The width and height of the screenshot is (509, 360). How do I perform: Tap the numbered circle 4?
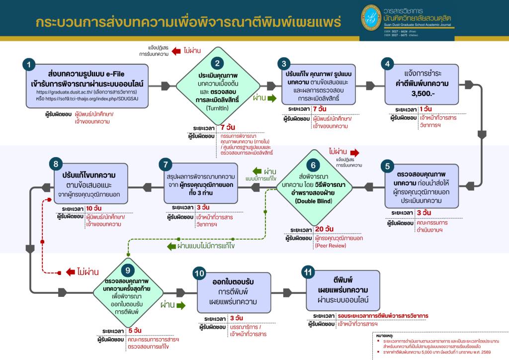[388, 64]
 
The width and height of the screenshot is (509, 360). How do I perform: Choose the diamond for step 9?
[129, 291]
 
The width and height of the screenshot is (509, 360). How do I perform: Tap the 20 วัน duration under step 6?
[325, 229]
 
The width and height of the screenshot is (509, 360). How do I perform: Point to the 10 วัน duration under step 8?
[92, 208]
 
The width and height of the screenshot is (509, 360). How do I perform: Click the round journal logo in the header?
[370, 18]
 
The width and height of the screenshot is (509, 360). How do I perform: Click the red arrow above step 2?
[176, 51]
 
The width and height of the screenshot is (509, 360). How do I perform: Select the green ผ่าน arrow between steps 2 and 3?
[272, 98]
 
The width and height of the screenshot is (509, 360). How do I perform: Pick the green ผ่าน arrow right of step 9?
[180, 304]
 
